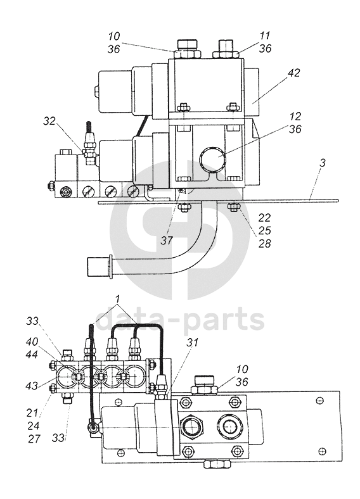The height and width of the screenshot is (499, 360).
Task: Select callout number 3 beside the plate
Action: point(323,163)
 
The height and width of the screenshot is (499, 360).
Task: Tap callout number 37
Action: point(166,240)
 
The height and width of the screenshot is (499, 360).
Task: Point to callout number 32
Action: point(49,121)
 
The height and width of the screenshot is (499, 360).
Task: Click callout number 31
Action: point(192,343)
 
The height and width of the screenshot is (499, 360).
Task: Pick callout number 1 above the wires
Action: point(117,299)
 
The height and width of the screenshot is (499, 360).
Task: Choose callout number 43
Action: point(32,386)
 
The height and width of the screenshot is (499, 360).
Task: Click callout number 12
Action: point(295,116)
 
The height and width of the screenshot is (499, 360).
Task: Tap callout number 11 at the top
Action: point(264,35)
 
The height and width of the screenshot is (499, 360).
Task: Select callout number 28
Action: point(264,244)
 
